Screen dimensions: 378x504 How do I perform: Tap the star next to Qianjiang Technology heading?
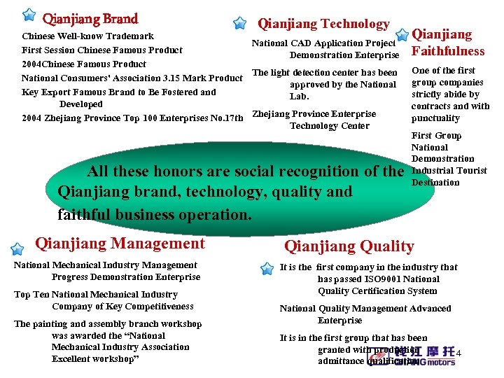tap(239, 23)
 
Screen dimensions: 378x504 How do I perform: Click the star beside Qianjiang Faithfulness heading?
tap(401, 34)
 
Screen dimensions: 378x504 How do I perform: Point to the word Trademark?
tap(130, 36)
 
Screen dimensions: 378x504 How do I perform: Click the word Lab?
tap(299, 97)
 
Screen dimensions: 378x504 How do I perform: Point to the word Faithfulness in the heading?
tap(448, 51)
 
